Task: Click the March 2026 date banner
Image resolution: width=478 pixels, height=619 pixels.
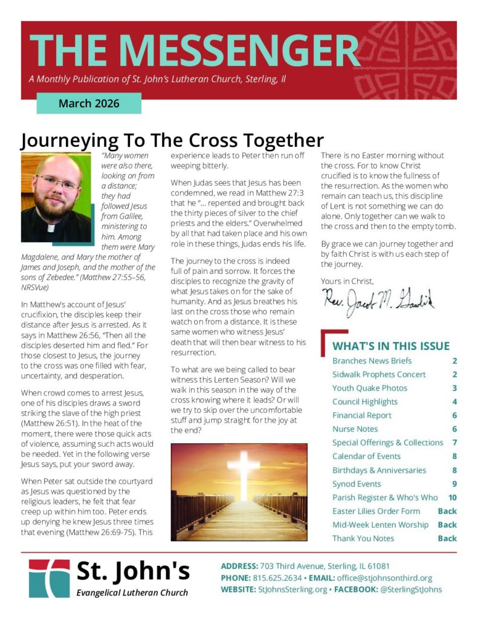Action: click(x=89, y=103)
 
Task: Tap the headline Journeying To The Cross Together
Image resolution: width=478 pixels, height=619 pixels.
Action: click(x=172, y=140)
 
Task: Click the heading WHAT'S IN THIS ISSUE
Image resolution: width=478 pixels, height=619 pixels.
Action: click(x=390, y=346)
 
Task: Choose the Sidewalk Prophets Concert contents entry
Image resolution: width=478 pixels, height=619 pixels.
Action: click(x=379, y=374)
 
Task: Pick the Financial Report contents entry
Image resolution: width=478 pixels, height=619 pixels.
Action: click(x=362, y=415)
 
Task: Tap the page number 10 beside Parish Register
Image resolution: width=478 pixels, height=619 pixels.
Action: click(x=452, y=497)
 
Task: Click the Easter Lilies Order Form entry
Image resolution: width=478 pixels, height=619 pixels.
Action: click(x=376, y=511)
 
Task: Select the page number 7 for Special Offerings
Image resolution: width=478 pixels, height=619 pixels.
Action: click(x=454, y=442)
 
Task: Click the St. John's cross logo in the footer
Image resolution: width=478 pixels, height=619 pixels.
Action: click(x=49, y=578)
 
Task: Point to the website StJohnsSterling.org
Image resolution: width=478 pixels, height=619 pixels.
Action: click(x=292, y=589)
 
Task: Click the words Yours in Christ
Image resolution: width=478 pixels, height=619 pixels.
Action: click(x=347, y=280)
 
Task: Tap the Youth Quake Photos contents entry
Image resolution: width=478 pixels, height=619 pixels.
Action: click(x=370, y=388)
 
